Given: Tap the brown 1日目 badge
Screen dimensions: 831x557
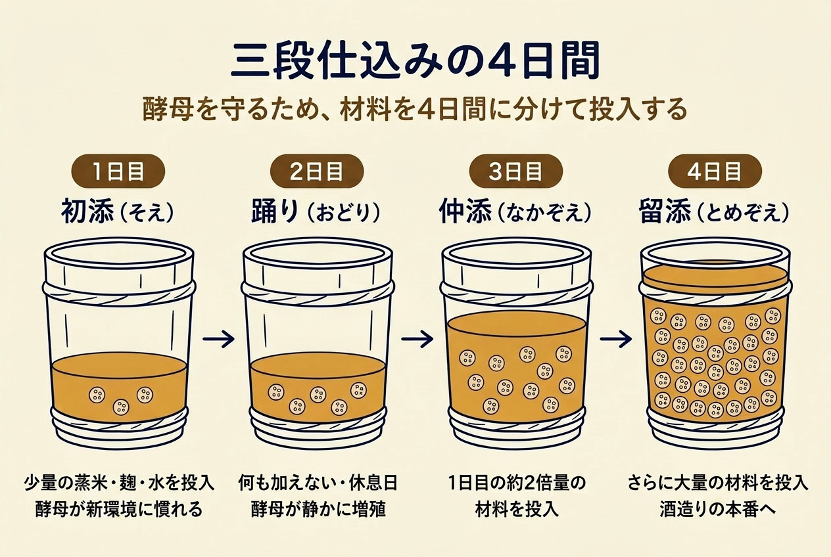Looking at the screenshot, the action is [x=118, y=172].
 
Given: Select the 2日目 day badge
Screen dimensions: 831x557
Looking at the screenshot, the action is [x=317, y=172].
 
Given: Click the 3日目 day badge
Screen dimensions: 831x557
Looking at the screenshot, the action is [x=515, y=172].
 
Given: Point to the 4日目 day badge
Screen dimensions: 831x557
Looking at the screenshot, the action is [x=715, y=172].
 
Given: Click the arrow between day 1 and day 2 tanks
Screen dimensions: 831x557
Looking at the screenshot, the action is [x=218, y=339].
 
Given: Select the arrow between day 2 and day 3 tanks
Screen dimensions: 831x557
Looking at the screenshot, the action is [x=417, y=339].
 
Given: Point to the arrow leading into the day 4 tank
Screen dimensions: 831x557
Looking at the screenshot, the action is [x=616, y=339].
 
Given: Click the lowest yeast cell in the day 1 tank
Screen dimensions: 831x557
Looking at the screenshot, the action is [x=122, y=407].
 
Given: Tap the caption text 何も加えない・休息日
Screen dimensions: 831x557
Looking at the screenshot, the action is [x=318, y=483].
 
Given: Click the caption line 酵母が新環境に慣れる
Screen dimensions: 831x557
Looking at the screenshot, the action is [x=119, y=509].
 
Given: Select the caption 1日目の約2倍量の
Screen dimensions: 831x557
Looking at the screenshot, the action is [x=516, y=483].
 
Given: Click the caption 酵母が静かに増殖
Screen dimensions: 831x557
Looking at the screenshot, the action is [x=318, y=509].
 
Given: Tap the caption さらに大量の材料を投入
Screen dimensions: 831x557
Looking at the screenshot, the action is [x=718, y=483].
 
